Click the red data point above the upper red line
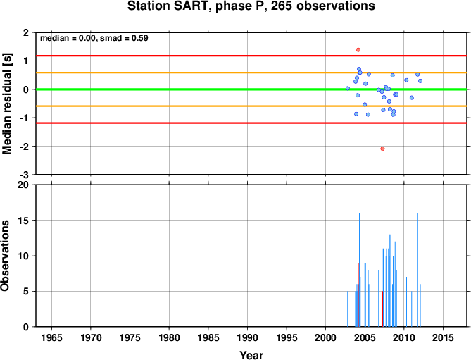click(x=358, y=50)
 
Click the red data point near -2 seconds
click(x=382, y=149)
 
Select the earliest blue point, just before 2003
click(x=348, y=88)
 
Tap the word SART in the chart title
click(x=190, y=6)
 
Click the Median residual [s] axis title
click(x=6, y=104)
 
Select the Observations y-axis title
click(x=5, y=256)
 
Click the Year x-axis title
click(x=251, y=355)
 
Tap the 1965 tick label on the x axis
click(x=51, y=337)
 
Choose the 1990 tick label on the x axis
click(x=248, y=337)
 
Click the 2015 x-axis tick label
click(x=443, y=337)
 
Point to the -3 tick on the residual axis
click(x=27, y=175)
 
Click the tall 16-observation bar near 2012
click(x=417, y=270)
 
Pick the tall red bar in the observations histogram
click(x=358, y=294)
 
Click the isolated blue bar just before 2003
click(x=348, y=309)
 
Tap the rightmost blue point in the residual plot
click(x=420, y=81)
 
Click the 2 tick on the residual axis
click(x=26, y=32)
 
